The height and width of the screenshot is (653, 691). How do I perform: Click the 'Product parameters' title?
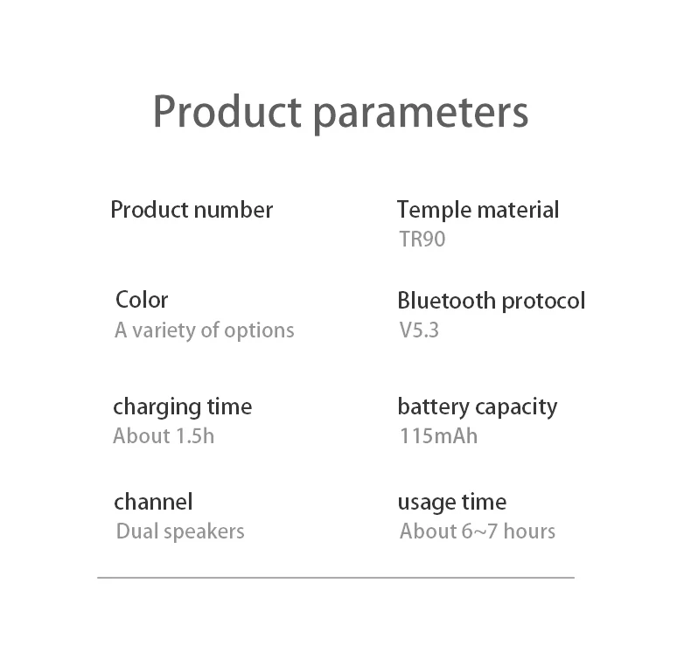[340, 112]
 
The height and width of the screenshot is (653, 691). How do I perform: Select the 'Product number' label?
[192, 210]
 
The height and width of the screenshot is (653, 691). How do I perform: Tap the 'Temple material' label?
[478, 210]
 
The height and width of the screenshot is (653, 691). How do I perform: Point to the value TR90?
[422, 240]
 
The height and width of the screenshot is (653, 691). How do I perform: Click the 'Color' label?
[142, 301]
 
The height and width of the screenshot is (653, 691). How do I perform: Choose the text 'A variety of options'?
[205, 330]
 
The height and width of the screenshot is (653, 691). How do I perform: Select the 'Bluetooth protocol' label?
[492, 302]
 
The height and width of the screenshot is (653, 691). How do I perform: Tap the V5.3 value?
[419, 330]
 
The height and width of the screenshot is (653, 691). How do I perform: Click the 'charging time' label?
[183, 407]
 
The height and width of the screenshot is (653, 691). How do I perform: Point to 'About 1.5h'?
[164, 436]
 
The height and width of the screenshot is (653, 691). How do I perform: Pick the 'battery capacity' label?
[478, 407]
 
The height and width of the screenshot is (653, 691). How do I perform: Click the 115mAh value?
[439, 436]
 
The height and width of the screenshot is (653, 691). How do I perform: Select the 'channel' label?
[153, 502]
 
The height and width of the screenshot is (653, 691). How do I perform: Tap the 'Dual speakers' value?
[180, 531]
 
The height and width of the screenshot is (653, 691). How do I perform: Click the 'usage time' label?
[452, 503]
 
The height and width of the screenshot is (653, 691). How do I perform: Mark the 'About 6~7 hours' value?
[478, 531]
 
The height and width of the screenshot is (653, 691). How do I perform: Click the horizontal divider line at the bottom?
[336, 577]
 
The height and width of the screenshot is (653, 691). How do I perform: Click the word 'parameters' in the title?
[421, 115]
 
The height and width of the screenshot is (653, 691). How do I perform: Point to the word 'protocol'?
[543, 302]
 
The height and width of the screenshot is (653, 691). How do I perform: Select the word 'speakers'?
[204, 531]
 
